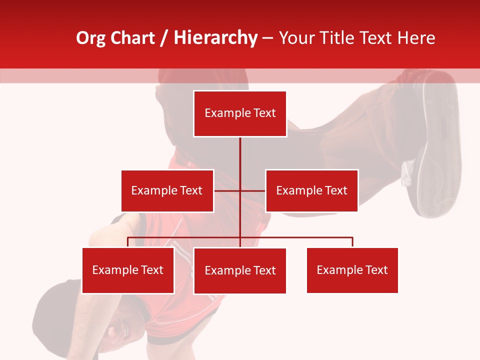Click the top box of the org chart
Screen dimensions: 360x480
pos(240,113)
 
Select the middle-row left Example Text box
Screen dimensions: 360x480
pos(167,190)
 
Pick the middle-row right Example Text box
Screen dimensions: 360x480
pos(311,190)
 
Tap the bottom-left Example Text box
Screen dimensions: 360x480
pos(128,270)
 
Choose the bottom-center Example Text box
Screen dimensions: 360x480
pos(240,271)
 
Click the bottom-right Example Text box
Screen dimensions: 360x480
pos(352,270)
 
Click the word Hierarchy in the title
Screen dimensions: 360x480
pos(215,38)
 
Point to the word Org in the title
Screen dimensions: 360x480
pos(90,38)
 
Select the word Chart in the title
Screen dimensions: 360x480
pos(132,38)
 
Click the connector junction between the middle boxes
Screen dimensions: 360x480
pos(240,190)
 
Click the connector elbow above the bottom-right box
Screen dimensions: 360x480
pos(352,237)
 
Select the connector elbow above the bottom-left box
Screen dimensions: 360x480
pos(128,237)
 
